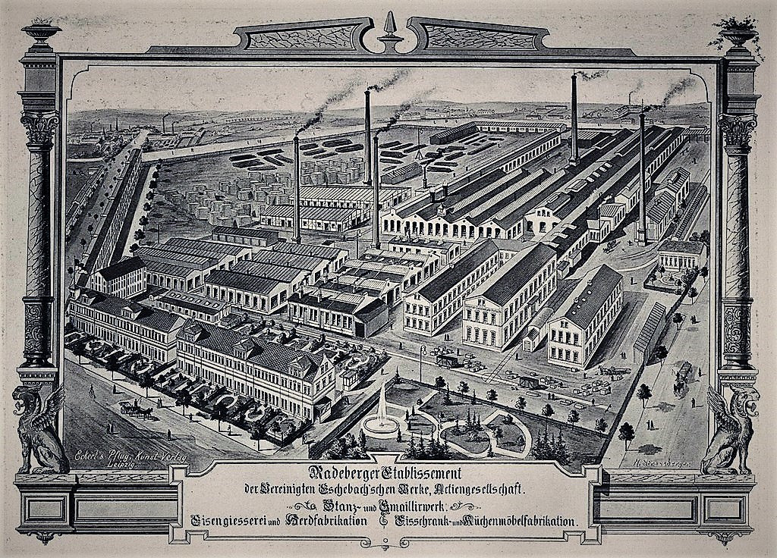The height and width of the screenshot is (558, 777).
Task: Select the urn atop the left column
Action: click(41, 34)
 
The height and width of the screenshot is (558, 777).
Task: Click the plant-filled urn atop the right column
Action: click(736, 34)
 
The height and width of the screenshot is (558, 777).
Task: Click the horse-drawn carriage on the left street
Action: click(137, 409)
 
